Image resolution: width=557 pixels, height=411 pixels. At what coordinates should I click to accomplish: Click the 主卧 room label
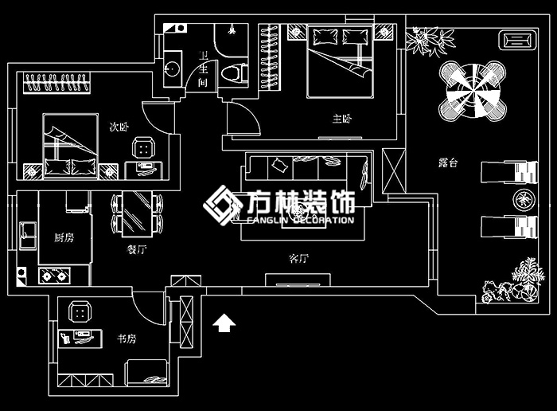341,119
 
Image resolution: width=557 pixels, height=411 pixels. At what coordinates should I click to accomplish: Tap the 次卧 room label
119,126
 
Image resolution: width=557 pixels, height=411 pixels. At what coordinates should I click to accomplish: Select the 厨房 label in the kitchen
64,237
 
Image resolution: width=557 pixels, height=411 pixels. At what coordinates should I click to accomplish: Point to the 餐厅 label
137,249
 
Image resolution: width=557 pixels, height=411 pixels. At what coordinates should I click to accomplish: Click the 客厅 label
298,259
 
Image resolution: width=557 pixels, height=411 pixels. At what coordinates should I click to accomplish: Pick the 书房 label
127,339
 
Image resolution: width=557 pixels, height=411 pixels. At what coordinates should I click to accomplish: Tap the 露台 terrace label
448,162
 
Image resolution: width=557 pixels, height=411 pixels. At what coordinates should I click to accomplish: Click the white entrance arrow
224,323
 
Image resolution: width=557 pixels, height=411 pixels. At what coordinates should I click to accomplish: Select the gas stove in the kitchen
54,276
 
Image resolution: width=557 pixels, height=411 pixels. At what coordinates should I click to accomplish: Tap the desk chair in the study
79,310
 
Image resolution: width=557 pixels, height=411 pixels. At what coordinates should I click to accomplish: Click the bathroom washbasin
171,68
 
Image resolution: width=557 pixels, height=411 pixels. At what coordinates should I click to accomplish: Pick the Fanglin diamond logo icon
222,205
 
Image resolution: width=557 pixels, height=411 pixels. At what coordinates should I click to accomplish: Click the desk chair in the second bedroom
144,147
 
